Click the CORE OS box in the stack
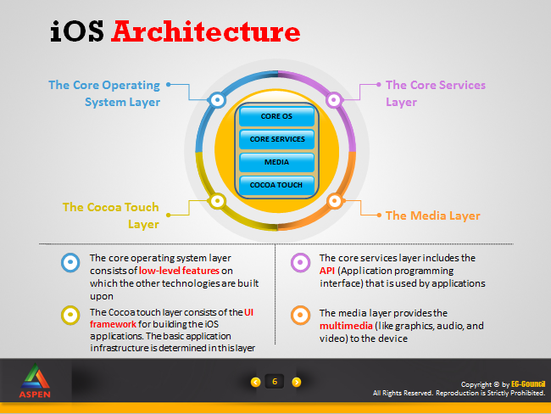(x=276, y=116)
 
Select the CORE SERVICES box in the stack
(x=276, y=139)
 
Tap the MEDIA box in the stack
(x=276, y=162)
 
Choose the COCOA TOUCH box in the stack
(x=276, y=185)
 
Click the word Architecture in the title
(x=206, y=31)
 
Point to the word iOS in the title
(x=77, y=31)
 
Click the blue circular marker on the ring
(x=217, y=100)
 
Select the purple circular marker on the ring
(x=334, y=100)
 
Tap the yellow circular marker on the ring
(x=217, y=201)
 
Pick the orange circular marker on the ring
(x=335, y=201)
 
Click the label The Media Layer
(x=433, y=215)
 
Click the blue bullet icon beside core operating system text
(x=70, y=262)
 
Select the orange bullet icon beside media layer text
(x=300, y=315)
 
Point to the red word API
(x=327, y=271)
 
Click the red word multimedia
(x=346, y=326)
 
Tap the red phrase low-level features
(x=179, y=271)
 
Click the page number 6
(x=275, y=382)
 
